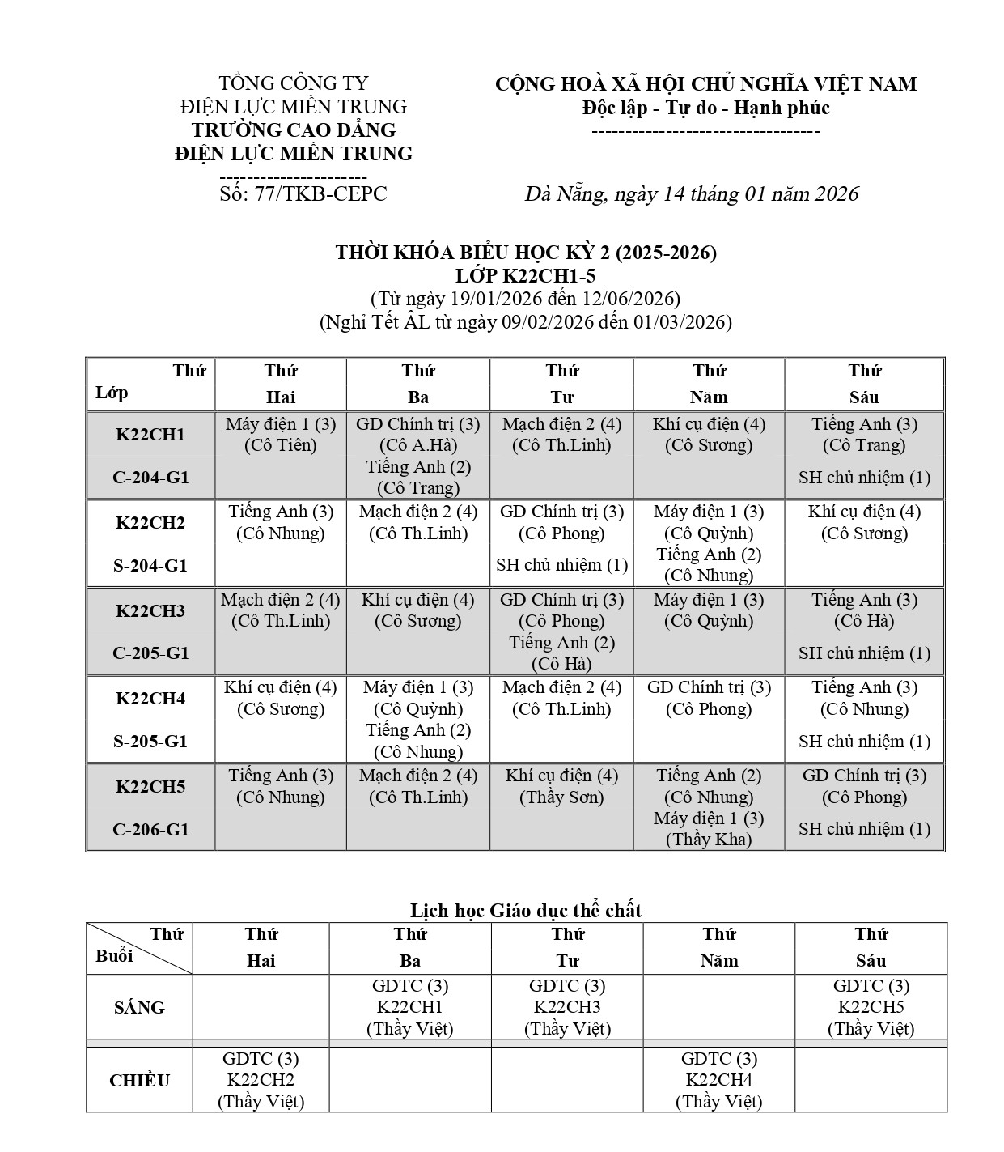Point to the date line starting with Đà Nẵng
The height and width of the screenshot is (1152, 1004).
691,194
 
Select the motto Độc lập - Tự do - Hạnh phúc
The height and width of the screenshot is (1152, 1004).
705,108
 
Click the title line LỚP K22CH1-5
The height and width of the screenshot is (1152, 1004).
526,276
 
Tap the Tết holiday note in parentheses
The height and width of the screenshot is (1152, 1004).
526,322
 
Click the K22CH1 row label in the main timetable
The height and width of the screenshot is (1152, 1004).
150,435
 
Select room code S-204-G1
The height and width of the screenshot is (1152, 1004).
150,566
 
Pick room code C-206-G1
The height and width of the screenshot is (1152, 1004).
150,830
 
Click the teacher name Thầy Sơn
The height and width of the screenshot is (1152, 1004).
561,797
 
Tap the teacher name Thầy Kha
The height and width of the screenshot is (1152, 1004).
709,840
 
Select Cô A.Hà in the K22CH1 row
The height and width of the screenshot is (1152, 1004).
417,445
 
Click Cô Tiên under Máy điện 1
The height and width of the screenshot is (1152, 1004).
280,445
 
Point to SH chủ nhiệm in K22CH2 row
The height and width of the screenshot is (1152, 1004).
561,565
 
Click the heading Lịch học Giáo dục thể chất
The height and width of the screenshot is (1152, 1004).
526,911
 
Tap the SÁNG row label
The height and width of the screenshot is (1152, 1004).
139,1008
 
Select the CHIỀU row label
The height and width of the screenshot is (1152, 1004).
139,1081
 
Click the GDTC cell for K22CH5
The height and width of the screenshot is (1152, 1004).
871,1007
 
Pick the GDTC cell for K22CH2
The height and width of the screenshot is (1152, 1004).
261,1080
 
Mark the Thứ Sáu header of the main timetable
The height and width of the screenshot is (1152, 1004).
864,385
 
